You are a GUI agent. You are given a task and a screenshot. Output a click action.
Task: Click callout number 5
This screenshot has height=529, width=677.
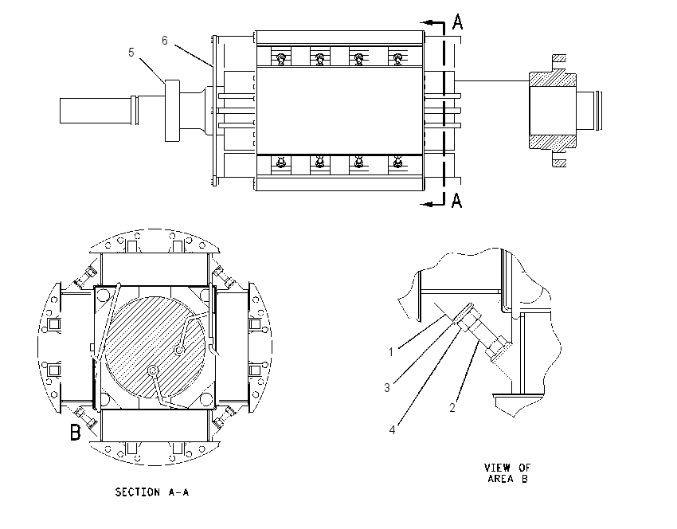(131, 53)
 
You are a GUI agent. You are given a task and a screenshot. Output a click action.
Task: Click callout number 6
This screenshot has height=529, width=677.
(165, 41)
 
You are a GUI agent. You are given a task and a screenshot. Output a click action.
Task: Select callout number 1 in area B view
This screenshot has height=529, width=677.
(391, 352)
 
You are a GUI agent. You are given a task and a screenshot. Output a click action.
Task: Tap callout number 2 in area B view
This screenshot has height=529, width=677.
(452, 408)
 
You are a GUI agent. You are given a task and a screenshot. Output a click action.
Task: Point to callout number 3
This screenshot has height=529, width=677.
(387, 388)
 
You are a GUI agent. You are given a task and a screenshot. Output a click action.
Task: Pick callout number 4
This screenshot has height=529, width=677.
(392, 430)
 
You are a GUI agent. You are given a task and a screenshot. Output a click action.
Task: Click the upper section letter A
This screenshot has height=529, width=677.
(458, 22)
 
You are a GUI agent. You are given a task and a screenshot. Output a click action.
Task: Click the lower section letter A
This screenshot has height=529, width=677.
(457, 200)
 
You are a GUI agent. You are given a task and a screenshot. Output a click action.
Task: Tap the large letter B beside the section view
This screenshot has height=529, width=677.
(75, 432)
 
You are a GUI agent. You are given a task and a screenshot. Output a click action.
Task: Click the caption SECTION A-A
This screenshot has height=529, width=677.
(152, 492)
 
